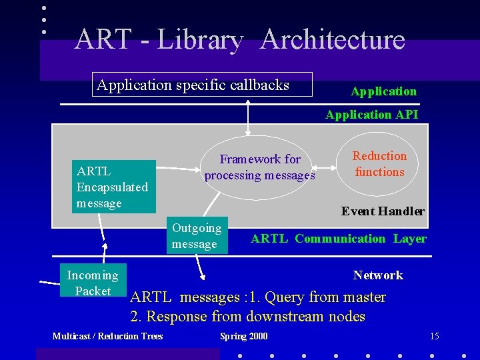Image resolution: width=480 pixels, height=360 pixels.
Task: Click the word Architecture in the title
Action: click(333, 39)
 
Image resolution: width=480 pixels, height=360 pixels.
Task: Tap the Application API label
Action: click(371, 115)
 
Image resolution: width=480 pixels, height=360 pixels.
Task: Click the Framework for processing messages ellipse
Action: click(260, 167)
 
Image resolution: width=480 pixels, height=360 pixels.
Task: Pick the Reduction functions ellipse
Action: click(379, 164)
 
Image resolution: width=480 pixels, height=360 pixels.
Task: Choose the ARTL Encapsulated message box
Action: click(113, 187)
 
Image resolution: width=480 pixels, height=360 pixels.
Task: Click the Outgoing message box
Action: click(197, 236)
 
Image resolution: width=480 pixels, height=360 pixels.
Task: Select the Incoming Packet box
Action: click(93, 283)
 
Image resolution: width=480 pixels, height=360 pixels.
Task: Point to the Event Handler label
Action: click(383, 211)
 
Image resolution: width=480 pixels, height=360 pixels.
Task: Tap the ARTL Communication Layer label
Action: click(338, 239)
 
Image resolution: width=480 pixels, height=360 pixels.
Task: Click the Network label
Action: click(378, 275)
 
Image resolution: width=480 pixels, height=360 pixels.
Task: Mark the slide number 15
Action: click(435, 336)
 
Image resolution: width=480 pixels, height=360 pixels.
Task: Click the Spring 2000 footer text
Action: click(243, 336)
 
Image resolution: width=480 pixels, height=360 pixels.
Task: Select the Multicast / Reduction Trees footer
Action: click(107, 336)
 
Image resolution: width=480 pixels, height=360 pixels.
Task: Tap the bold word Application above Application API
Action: click(383, 91)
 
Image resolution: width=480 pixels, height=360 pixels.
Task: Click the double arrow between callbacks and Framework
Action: click(248, 120)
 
